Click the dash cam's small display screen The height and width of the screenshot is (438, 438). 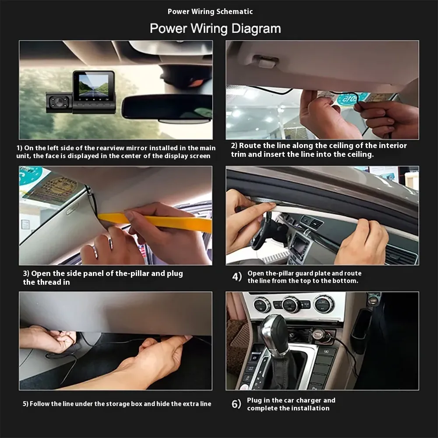(93, 85)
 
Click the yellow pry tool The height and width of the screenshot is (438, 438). (155, 221)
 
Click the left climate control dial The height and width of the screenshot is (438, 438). (262, 304)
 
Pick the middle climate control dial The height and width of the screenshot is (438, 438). (291, 304)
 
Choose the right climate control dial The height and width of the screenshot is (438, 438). (324, 304)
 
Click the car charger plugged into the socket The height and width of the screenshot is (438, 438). (321, 334)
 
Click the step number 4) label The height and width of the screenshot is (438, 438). (237, 277)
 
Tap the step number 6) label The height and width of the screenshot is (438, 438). (237, 404)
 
